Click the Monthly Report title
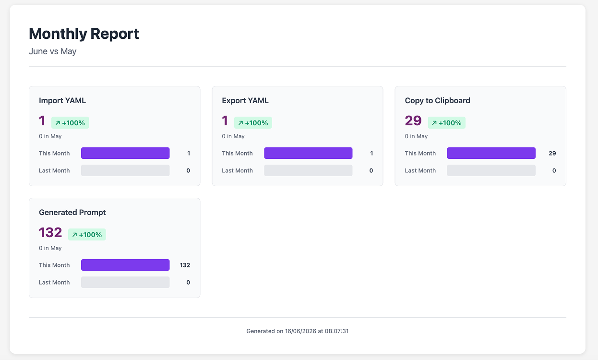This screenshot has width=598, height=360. coord(84,34)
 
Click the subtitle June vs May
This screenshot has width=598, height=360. coord(53,51)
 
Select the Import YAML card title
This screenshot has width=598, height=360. coord(62,100)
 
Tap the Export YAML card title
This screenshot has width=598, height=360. coord(245,100)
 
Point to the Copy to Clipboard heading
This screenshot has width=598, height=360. coord(437,100)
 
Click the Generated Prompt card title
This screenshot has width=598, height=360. coord(72,212)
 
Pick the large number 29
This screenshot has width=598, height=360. coord(413,120)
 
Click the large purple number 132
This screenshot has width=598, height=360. coord(50,232)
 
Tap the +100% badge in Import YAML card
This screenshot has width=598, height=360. coord(70,123)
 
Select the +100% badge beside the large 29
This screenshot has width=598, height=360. coord(446,123)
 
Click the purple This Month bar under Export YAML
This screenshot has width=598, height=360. coord(308,153)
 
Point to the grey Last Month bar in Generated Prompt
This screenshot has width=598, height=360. coord(125,282)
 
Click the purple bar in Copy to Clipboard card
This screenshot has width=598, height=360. coord(491,153)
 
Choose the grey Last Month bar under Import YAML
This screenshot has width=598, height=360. coord(125,170)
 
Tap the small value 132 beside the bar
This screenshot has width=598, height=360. coord(185,265)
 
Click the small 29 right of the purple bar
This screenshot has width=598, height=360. coord(552,153)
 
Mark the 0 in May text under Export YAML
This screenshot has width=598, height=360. coord(233,136)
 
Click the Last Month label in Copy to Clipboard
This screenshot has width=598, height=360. coord(420,170)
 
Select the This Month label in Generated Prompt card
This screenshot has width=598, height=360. coord(54,265)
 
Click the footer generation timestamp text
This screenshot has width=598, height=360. coord(298,331)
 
